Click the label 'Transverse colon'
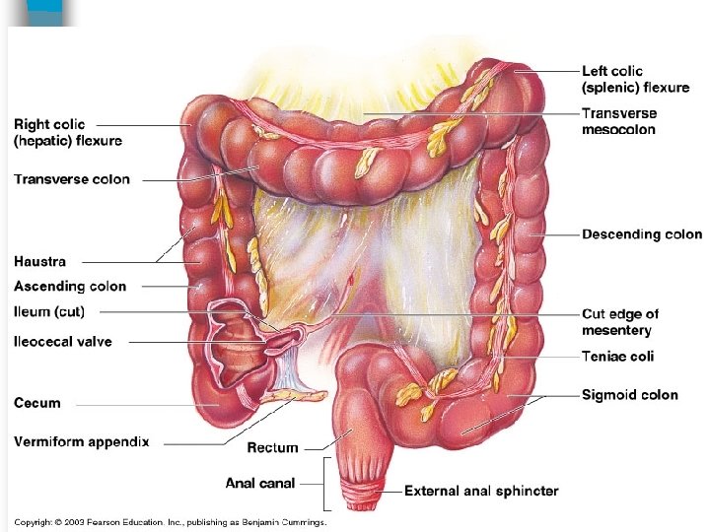[x=71, y=179]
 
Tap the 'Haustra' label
[x=40, y=261]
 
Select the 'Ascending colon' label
[x=70, y=287]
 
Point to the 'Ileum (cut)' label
[x=49, y=312]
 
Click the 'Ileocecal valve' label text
[x=63, y=342]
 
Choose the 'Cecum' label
[x=37, y=403]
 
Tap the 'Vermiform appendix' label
[x=82, y=442]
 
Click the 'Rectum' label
[x=272, y=447]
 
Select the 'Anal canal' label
[x=261, y=483]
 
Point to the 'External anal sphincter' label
[x=481, y=491]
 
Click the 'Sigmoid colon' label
[x=630, y=395]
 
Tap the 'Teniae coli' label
[x=617, y=357]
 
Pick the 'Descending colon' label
[x=642, y=234]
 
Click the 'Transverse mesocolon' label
[x=619, y=121]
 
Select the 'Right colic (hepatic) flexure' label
[x=68, y=132]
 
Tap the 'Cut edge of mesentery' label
[x=620, y=322]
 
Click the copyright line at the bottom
[x=170, y=522]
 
